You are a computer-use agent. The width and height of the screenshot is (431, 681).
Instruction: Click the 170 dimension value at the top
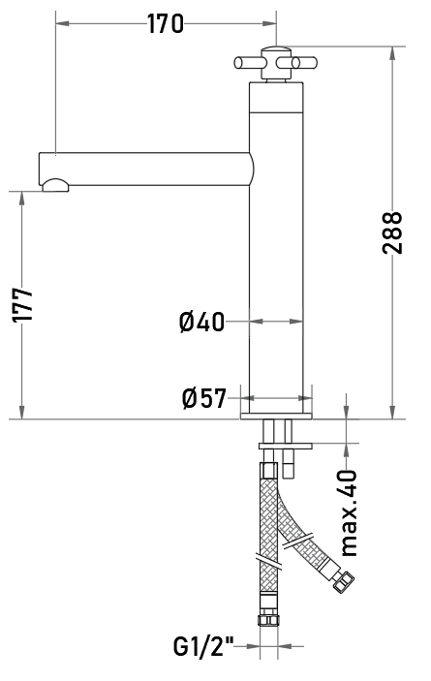pos(166,24)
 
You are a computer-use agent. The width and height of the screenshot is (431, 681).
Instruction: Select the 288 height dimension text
pos(392,232)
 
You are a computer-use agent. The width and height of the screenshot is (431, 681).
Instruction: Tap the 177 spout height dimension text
pos(22,305)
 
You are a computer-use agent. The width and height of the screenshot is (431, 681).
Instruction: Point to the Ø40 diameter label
pos(201,322)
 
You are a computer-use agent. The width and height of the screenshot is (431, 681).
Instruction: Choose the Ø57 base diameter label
pos(204,398)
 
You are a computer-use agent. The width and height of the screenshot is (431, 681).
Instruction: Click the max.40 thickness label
pos(350,512)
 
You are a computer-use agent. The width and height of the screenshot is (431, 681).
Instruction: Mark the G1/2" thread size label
pos(203,647)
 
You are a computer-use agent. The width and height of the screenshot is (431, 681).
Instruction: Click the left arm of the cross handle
pos(248,63)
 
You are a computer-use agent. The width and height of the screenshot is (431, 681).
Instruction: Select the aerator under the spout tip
pos(55,185)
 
